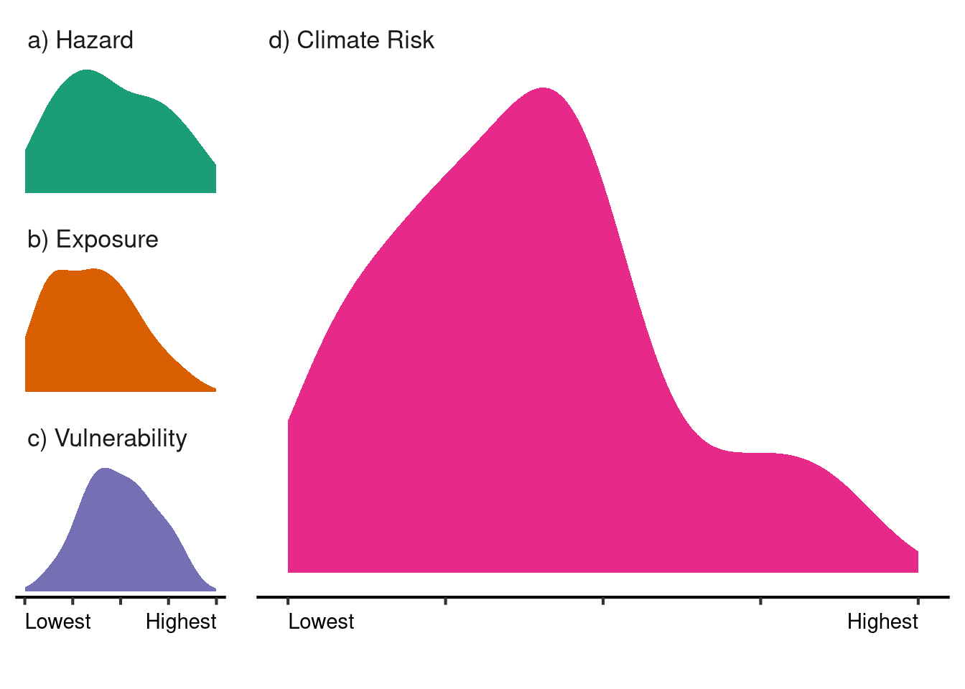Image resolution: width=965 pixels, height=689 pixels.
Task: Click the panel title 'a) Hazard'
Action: click(x=80, y=40)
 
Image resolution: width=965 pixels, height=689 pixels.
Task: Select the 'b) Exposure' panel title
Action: click(x=93, y=239)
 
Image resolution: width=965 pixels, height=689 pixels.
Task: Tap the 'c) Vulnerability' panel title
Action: click(x=107, y=438)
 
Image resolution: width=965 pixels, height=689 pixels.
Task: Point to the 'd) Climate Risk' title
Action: click(x=351, y=40)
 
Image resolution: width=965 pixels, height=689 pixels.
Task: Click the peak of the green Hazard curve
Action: click(x=87, y=71)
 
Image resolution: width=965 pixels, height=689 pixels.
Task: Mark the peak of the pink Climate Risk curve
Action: click(x=544, y=89)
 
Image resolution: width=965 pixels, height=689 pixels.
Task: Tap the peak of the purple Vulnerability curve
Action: click(x=105, y=469)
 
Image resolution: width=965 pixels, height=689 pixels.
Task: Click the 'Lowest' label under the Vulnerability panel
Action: click(x=58, y=622)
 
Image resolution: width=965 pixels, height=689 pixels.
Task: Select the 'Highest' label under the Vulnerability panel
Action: click(x=181, y=622)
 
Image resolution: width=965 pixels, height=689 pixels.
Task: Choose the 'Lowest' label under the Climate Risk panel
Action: click(x=321, y=622)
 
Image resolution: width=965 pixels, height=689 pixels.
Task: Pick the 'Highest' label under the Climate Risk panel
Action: click(x=882, y=622)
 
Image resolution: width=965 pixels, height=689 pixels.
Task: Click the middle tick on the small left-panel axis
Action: click(x=121, y=599)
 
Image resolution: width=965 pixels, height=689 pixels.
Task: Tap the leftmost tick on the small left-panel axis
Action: click(x=25, y=599)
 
